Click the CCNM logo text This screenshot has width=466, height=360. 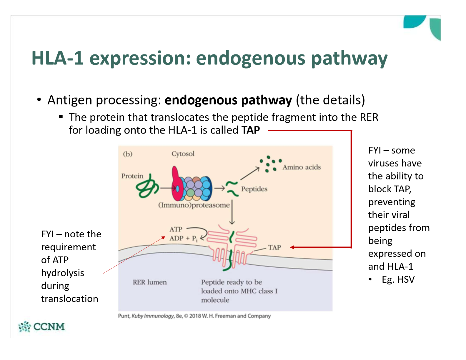[49, 327]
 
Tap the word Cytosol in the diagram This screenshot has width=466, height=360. [183, 154]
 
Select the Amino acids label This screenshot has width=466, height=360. [302, 167]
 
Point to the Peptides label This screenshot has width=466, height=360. [254, 189]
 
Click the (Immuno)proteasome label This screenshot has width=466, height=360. [194, 205]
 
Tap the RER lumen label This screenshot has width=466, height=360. [149, 282]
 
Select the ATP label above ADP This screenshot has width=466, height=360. [176, 229]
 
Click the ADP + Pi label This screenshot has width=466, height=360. [183, 239]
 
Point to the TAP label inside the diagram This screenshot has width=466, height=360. [274, 248]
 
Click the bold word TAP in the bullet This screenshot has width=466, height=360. [251, 130]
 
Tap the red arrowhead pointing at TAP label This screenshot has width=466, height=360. [292, 247]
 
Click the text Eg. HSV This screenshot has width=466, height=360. [398, 279]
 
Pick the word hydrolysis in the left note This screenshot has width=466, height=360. [63, 273]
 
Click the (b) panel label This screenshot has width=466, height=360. [128, 154]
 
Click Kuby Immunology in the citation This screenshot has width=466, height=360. [153, 316]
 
